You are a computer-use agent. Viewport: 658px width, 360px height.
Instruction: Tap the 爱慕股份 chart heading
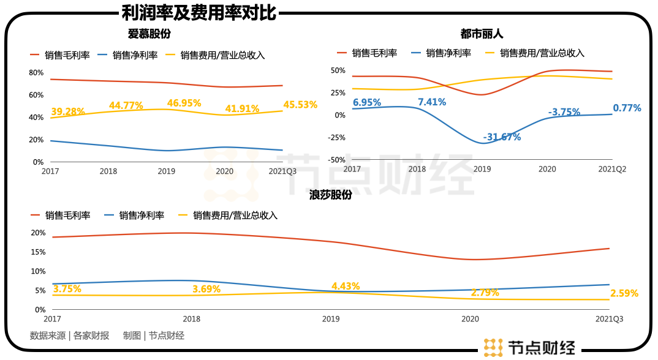149,34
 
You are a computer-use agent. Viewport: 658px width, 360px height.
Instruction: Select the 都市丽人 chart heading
482,34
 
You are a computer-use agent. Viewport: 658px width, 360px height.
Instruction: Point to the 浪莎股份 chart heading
331,195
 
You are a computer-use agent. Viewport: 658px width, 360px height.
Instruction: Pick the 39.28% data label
68,111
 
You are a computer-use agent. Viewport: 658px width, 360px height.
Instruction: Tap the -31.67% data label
502,137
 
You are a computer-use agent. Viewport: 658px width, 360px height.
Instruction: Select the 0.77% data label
627,108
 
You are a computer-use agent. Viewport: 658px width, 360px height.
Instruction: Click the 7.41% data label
432,102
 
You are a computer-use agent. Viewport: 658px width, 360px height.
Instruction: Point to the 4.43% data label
346,286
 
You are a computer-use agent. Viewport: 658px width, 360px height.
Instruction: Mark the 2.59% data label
624,293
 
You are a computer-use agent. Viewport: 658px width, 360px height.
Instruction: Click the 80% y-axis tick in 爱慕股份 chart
36,73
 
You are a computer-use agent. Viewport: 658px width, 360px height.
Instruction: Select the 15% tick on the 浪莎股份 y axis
39,252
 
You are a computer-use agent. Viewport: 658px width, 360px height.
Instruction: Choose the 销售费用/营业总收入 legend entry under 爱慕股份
223,55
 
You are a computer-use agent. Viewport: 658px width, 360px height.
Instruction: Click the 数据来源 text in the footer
48,336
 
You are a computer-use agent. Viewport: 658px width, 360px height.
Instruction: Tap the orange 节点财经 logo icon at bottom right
493,347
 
